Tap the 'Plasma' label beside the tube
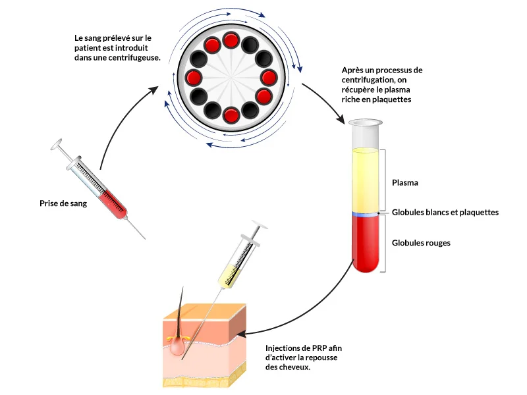point(405,182)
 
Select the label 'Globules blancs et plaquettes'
point(445,212)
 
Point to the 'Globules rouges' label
point(421,243)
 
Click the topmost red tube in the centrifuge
point(231,41)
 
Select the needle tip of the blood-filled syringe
point(142,237)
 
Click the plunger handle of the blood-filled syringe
point(58,143)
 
